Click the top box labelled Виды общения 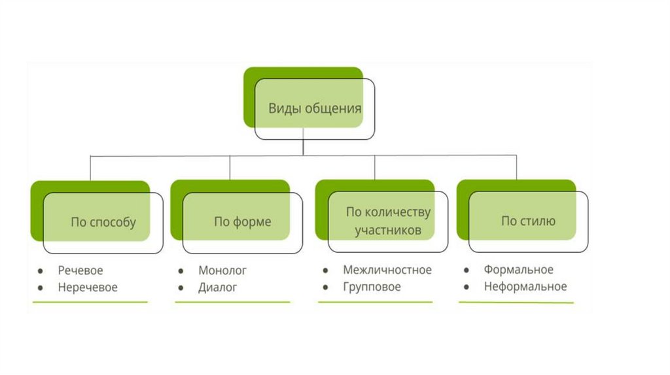pyautogui.click(x=315, y=108)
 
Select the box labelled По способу pyautogui.click(x=103, y=222)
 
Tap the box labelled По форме pyautogui.click(x=242, y=222)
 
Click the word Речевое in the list pyautogui.click(x=80, y=270)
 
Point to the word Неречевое pyautogui.click(x=88, y=287)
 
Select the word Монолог pyautogui.click(x=222, y=270)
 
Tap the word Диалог pyautogui.click(x=218, y=287)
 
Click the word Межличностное pyautogui.click(x=387, y=270)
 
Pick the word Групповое pyautogui.click(x=372, y=287)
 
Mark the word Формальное pyautogui.click(x=519, y=270)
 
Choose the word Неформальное pyautogui.click(x=525, y=287)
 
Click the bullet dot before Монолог pyautogui.click(x=181, y=270)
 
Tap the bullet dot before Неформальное pyautogui.click(x=466, y=287)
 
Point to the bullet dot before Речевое pyautogui.click(x=41, y=270)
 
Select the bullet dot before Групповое pyautogui.click(x=325, y=287)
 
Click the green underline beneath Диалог pyautogui.click(x=232, y=302)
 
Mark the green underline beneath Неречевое pyautogui.click(x=90, y=302)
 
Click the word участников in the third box pyautogui.click(x=388, y=231)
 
